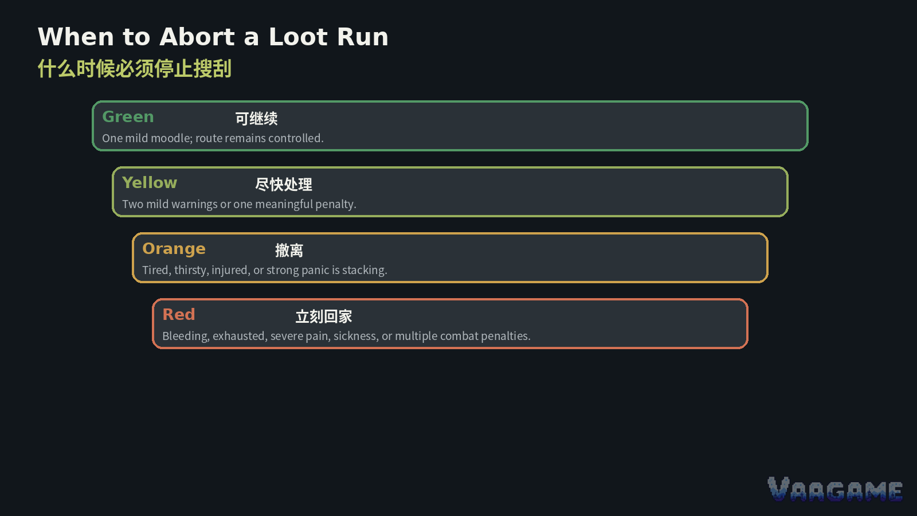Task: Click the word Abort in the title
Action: [197, 37]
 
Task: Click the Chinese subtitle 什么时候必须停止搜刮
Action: [135, 68]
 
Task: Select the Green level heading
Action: [128, 117]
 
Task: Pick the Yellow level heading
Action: [150, 183]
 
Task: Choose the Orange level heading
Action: [174, 249]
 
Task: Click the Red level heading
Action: [179, 315]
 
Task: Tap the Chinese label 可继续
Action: [256, 119]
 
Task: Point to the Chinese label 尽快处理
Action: [284, 185]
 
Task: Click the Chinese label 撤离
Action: [289, 251]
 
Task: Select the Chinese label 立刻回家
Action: [324, 316]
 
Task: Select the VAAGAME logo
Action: [835, 489]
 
